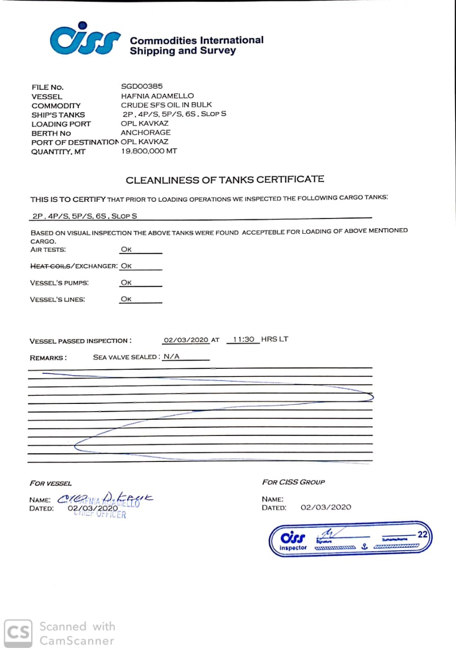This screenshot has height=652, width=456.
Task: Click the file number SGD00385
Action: coord(141,87)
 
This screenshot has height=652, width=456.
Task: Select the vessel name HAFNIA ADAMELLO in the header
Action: coord(157,96)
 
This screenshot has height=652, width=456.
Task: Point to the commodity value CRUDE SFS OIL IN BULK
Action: coord(166,105)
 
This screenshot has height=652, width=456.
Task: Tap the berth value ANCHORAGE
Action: coord(146,133)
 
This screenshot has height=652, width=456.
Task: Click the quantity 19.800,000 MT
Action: coord(149,151)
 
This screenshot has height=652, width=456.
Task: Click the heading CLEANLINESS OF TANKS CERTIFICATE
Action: coord(224,180)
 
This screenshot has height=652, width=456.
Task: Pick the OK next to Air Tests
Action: coord(126,250)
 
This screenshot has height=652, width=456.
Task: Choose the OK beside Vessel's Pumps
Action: coord(126,283)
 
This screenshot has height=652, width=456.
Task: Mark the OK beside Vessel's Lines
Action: coord(126,300)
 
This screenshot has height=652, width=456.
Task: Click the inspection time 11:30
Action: coord(243,339)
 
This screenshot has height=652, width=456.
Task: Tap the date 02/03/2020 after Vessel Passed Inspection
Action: coord(186,340)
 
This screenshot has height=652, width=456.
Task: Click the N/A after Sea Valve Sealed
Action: coord(172,357)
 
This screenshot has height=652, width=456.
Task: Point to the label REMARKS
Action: coord(48,358)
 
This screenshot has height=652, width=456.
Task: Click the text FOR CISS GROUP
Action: coord(293,482)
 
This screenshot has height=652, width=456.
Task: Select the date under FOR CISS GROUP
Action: coord(326,507)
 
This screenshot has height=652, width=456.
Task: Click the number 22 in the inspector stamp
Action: coord(422,534)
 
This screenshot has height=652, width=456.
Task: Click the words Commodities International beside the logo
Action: coord(196,40)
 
